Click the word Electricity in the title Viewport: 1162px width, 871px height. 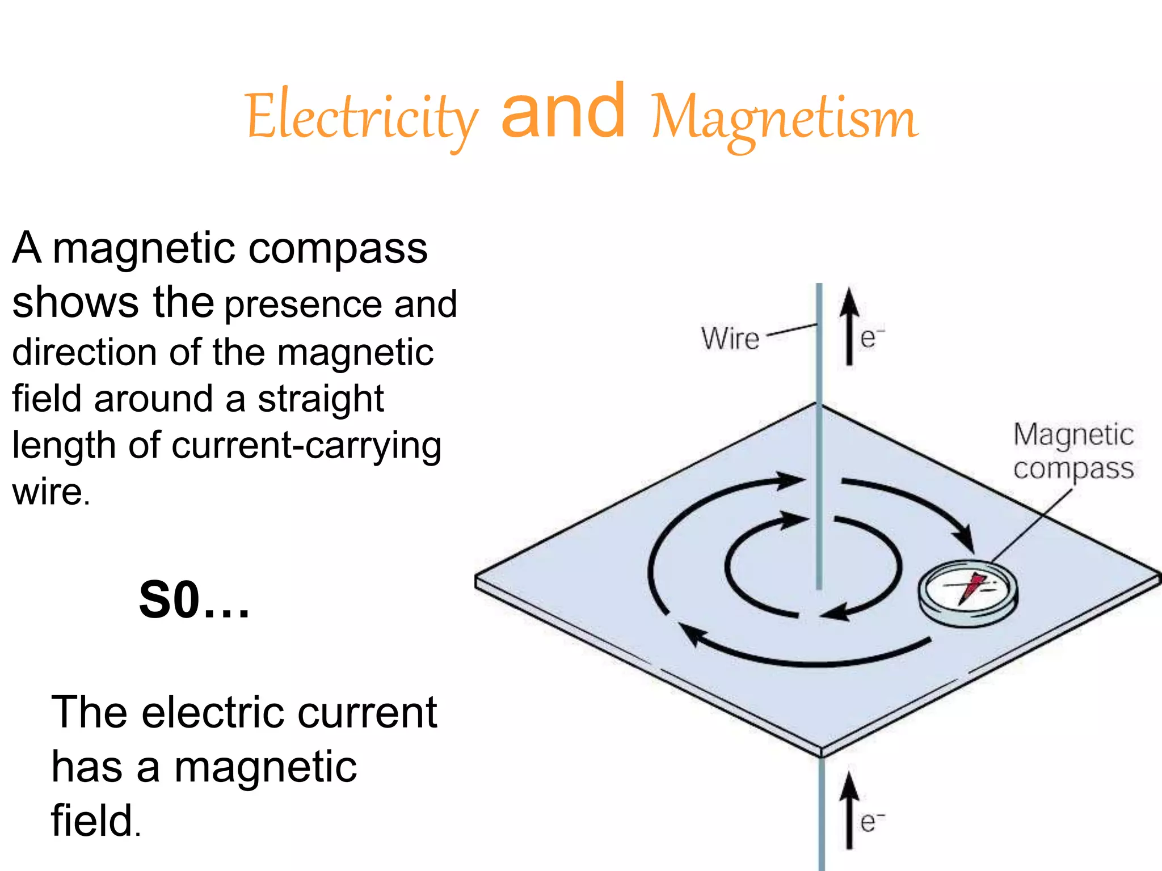362,117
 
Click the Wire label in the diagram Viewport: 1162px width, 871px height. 730,339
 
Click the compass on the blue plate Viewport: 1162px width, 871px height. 968,592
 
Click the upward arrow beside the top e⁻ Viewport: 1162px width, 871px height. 849,326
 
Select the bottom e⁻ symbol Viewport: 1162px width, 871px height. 871,821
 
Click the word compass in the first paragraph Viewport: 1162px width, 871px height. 338,248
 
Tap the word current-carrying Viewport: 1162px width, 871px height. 306,446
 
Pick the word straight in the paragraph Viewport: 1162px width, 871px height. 321,399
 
